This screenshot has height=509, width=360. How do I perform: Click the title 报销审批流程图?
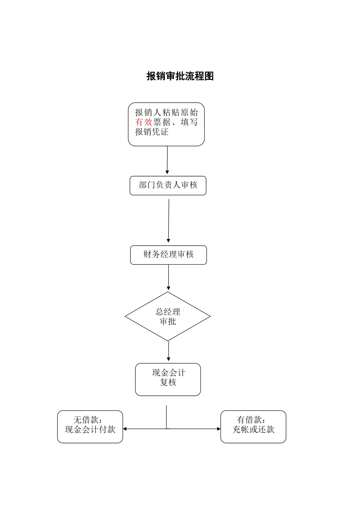click(x=180, y=76)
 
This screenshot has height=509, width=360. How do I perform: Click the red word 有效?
click(x=144, y=122)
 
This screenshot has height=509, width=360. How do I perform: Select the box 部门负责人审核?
click(x=168, y=185)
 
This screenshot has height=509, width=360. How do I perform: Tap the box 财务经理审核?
click(x=168, y=254)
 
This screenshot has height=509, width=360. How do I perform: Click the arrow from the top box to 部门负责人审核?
click(x=167, y=160)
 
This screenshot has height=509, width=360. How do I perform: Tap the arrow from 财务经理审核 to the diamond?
click(x=168, y=277)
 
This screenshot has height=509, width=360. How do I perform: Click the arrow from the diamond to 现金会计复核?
click(x=168, y=351)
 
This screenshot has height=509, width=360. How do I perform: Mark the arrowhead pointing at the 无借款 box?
click(x=125, y=429)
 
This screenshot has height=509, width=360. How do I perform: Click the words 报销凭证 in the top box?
click(x=152, y=132)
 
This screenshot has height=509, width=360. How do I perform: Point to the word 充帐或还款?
click(x=253, y=429)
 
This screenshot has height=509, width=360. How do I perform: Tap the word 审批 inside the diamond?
click(x=168, y=322)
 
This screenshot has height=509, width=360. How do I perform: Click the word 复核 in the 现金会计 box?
click(x=168, y=382)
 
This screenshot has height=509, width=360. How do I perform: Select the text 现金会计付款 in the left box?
click(x=90, y=429)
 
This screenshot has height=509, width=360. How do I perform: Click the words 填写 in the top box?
click(x=189, y=122)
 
